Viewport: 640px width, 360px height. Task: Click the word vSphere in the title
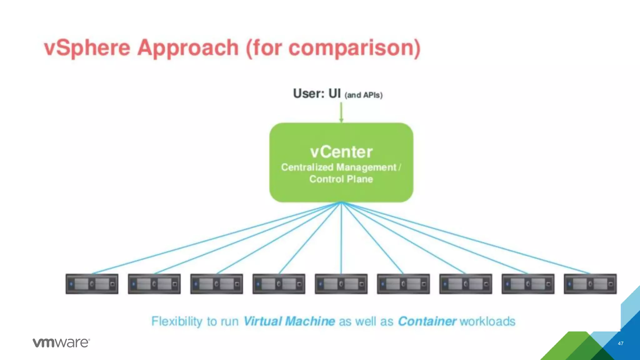87,48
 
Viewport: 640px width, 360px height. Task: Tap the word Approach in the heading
188,48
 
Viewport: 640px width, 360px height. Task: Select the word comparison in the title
353,48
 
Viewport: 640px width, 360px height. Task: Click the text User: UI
317,93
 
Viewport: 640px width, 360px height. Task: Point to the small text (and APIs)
363,95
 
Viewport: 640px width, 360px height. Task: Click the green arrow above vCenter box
341,112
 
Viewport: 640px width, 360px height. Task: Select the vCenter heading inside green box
341,152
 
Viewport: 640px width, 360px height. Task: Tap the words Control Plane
341,179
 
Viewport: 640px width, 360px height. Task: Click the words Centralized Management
338,167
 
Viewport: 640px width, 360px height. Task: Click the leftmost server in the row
92,284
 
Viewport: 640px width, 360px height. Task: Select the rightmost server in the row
590,284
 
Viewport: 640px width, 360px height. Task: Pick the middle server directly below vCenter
341,284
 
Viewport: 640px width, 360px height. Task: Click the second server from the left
154,284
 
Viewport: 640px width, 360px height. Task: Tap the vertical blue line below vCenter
341,237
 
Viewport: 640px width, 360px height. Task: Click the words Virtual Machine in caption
289,321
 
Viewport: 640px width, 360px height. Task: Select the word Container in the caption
427,321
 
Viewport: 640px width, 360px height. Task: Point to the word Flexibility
177,321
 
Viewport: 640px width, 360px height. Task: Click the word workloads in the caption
487,321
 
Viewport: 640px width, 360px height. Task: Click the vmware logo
61,342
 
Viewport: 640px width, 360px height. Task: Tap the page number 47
621,343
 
